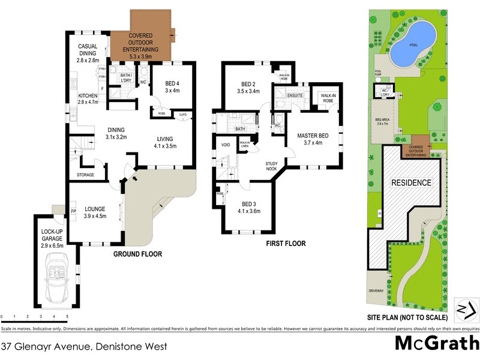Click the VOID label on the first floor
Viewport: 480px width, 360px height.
tap(226, 145)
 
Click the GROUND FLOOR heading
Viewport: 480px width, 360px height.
tap(138, 254)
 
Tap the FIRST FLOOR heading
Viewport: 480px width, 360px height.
tap(286, 244)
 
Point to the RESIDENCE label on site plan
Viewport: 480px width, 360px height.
tap(411, 183)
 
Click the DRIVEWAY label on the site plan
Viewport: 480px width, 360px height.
tap(376, 290)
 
